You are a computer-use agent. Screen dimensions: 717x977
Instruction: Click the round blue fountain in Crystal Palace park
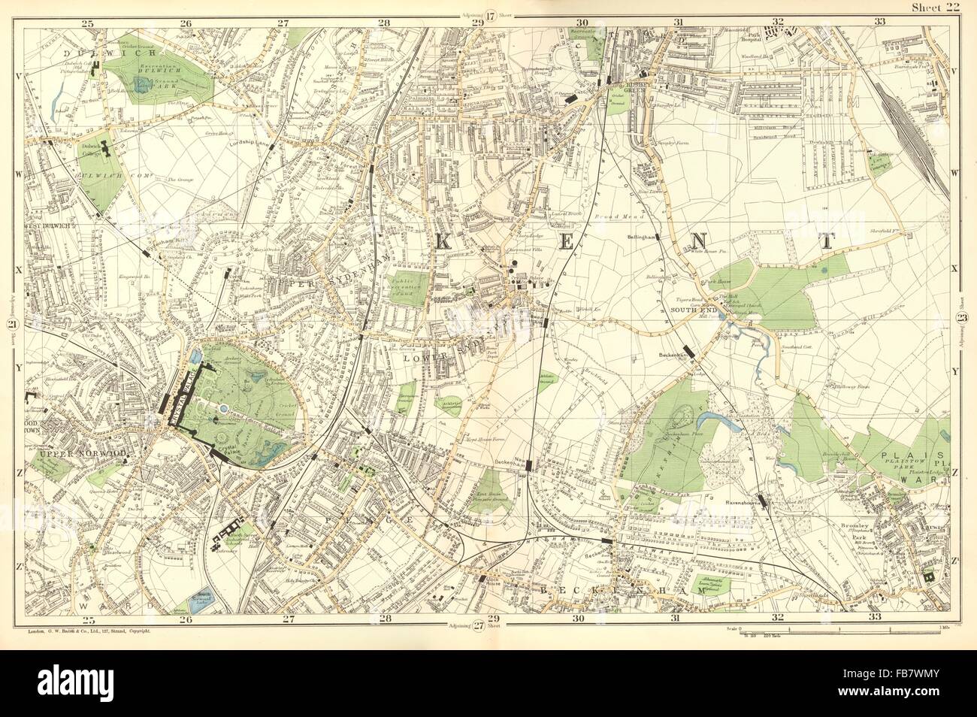point(224,408)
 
